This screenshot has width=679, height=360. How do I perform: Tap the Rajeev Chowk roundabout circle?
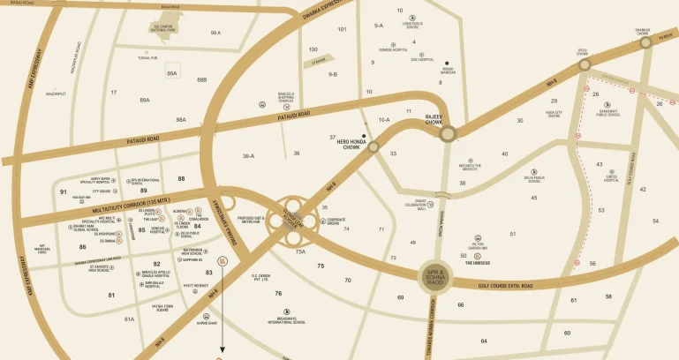449,132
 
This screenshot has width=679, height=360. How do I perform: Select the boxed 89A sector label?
172,74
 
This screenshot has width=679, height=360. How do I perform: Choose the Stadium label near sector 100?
331,63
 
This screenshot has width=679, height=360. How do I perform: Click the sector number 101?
342,29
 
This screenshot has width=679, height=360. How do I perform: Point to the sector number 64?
484,341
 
